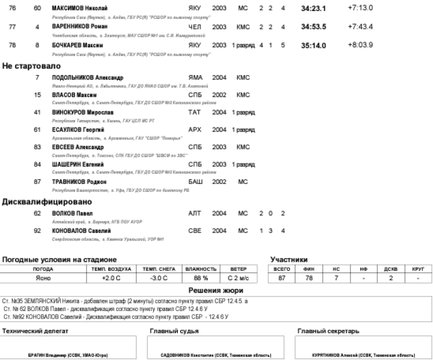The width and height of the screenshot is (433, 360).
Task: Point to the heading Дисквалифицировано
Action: [x=47, y=202]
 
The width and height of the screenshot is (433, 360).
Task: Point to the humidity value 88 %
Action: [x=200, y=278]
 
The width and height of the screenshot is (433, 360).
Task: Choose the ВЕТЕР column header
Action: [x=238, y=269]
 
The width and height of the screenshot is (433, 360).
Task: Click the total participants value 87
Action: [x=281, y=278]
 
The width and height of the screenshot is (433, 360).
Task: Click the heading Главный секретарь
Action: [x=329, y=331]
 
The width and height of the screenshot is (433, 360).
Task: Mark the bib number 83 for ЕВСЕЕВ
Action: [x=37, y=147]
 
